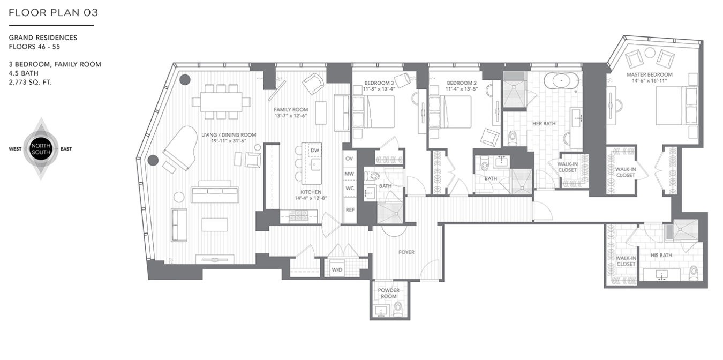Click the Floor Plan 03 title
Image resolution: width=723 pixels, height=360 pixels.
coord(53,13)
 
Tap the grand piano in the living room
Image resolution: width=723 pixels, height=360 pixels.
coord(181,148)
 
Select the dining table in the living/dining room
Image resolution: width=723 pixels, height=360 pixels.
coord(221,102)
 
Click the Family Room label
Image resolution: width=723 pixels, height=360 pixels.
coord(291,109)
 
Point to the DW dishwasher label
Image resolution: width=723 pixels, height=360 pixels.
coord(315,151)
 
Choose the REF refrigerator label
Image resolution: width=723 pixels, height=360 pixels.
coord(350,210)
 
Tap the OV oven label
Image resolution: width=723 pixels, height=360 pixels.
coord(349,159)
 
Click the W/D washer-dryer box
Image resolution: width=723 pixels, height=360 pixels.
coord(337,269)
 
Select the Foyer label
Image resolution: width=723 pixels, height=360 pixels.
coord(406,252)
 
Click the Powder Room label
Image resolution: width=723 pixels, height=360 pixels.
coord(389,293)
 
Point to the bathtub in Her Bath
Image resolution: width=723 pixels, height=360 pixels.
coord(561,81)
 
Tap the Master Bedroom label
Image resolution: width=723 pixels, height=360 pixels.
coord(650,74)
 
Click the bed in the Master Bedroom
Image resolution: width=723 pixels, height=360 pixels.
coord(677,106)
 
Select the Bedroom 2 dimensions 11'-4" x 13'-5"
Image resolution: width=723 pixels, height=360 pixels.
coord(462,89)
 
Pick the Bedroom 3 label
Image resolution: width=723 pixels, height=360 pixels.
coord(379,83)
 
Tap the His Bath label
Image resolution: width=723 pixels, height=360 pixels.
coord(661,256)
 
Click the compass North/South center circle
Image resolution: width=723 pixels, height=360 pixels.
coord(41,149)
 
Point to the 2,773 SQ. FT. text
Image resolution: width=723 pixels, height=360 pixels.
coord(31,82)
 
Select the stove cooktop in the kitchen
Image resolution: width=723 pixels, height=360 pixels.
coord(298,216)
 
